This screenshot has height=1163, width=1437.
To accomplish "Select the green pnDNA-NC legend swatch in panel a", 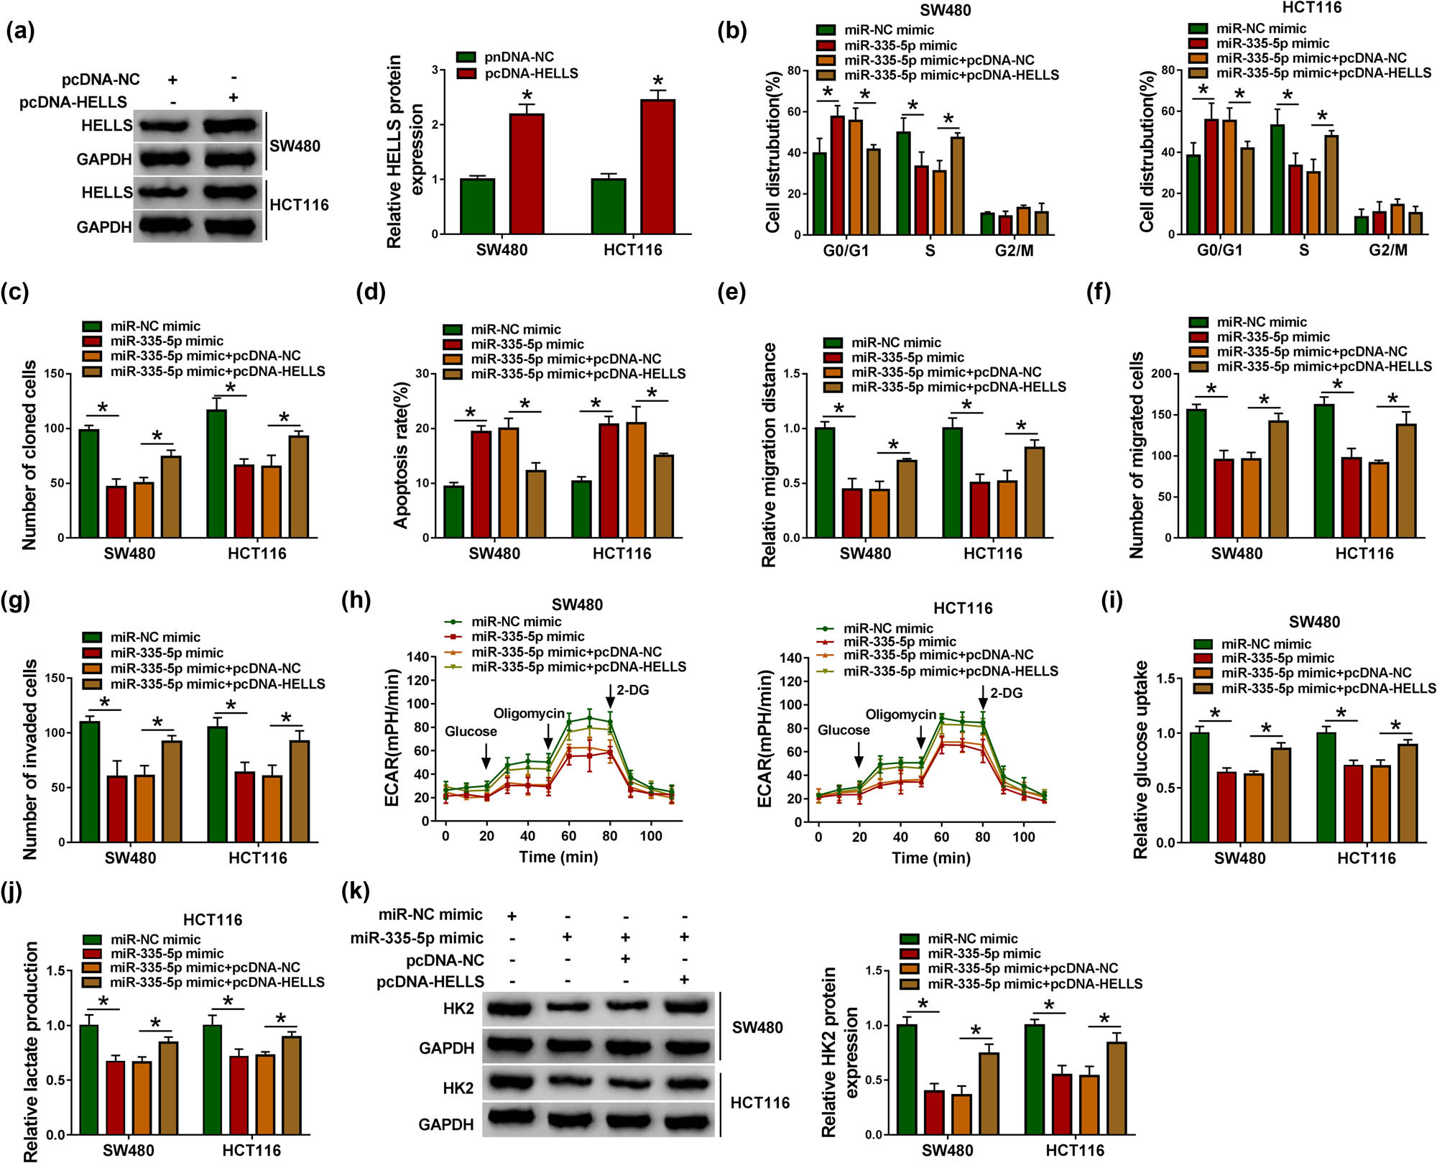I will click(466, 57).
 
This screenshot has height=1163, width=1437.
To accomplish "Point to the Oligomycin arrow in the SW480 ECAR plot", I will click(548, 736).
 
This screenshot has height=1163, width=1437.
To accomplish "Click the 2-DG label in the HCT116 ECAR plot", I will click(1006, 693).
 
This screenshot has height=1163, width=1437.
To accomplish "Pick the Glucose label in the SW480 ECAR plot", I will click(471, 731).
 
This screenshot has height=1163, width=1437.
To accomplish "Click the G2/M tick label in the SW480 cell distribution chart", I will click(1015, 251).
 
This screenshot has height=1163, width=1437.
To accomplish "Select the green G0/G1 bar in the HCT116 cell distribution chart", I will click(1193, 194).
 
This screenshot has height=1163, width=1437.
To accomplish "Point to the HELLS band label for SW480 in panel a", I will click(106, 126).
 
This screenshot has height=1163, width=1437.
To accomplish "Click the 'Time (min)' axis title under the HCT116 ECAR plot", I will click(930, 858).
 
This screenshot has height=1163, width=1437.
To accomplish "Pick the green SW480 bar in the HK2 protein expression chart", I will click(907, 1079).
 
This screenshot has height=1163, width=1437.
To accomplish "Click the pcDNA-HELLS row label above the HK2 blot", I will click(430, 981).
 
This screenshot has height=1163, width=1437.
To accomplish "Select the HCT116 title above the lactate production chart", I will click(213, 920).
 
